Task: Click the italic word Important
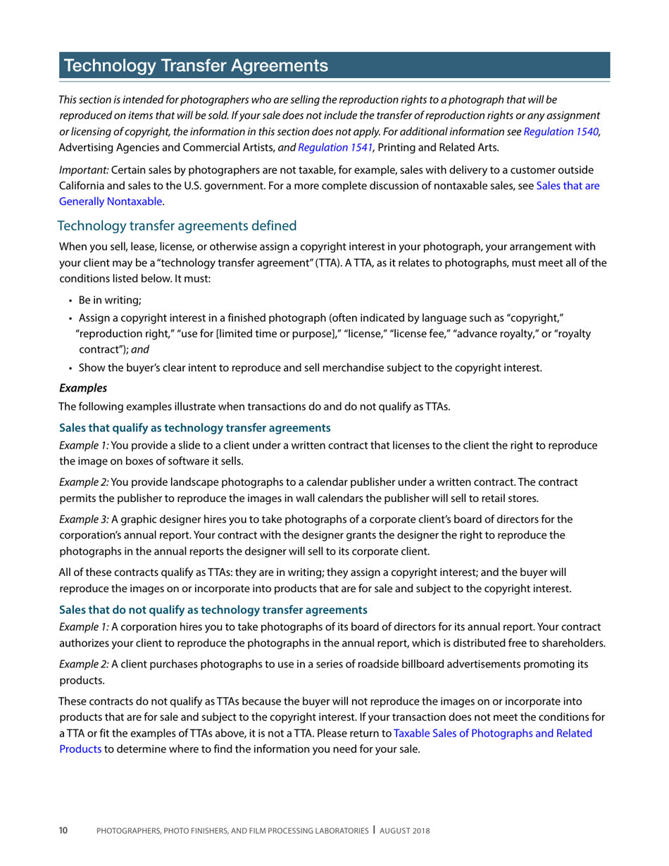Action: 84,171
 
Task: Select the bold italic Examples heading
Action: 83,388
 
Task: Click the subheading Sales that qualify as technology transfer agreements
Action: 195,427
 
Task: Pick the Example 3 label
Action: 84,520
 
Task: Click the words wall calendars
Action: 323,498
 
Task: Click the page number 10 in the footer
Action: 63,831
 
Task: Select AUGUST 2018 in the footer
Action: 405,832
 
